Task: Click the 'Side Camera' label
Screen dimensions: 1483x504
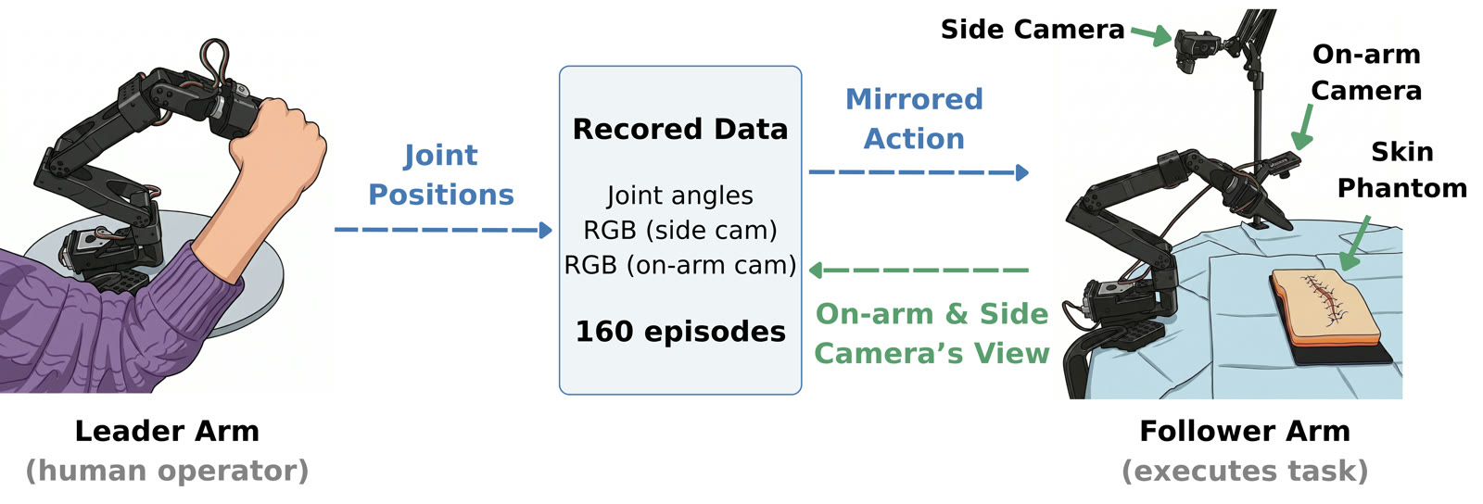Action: click(1033, 30)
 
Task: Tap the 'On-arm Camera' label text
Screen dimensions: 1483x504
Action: click(1366, 72)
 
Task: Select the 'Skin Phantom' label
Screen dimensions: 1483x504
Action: click(1402, 170)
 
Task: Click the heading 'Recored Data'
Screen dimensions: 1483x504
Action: click(680, 129)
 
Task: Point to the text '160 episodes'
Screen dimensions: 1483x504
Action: click(680, 332)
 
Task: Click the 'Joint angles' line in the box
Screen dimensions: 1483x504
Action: click(680, 195)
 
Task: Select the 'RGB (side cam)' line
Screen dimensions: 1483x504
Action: click(680, 230)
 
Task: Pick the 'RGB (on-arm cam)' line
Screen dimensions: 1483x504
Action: click(680, 265)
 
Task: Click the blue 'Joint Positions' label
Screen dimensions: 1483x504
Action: click(441, 174)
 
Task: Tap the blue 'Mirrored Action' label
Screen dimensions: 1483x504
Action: click(914, 120)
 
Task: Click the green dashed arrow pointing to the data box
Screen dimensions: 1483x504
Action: click(919, 270)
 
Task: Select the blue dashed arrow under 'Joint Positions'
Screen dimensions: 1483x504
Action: click(443, 230)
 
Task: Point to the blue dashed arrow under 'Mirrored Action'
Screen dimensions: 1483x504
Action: click(919, 172)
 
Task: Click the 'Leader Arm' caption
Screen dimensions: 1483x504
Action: click(167, 431)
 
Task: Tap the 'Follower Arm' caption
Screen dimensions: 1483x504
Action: click(1245, 431)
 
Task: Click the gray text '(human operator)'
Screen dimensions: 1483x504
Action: click(167, 471)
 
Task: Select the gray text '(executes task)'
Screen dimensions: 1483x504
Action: click(1245, 471)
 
